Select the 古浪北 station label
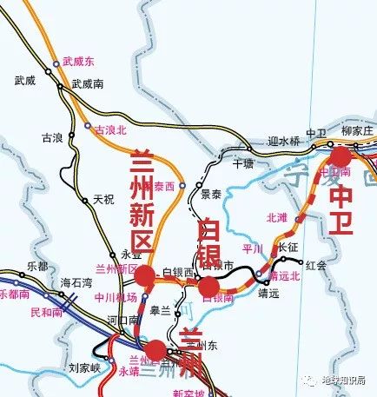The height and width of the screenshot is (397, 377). [110, 129]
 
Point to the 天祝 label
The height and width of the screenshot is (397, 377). [103, 198]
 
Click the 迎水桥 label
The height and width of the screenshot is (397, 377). [283, 141]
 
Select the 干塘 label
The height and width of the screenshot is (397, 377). [244, 162]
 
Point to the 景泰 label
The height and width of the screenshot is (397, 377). [211, 194]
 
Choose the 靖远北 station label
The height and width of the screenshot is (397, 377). [284, 276]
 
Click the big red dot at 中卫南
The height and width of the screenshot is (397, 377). [341, 157]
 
